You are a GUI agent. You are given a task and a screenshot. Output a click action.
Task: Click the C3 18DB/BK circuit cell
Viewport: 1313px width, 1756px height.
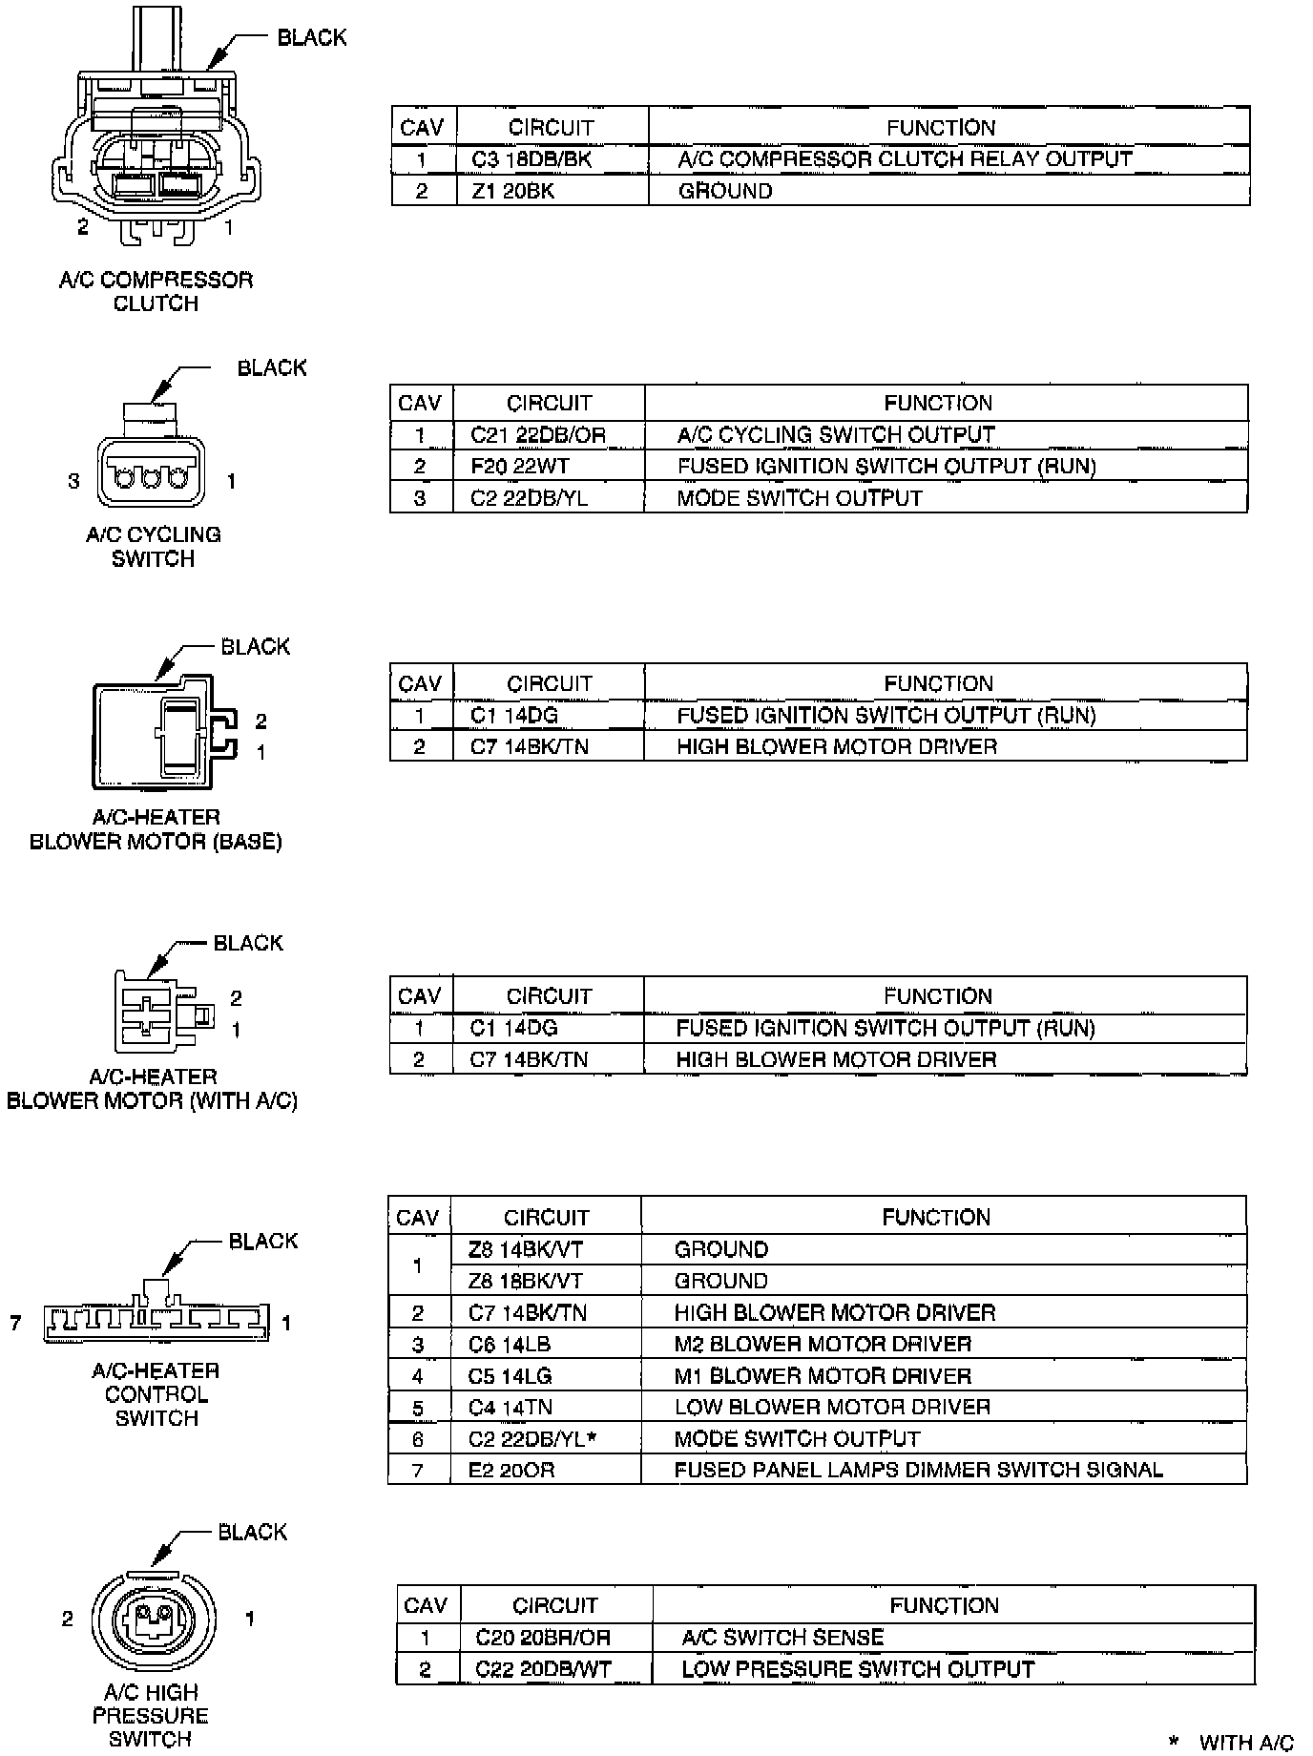pos(531,159)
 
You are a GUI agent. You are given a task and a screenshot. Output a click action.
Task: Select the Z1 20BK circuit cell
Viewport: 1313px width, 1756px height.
pos(513,191)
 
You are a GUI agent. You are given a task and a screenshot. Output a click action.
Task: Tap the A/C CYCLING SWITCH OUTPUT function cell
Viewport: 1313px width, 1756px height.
pos(836,435)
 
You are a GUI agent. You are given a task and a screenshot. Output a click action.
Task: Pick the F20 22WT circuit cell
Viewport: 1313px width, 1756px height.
pos(519,467)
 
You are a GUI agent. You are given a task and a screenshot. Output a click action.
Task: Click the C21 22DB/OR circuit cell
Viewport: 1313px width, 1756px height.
pos(538,435)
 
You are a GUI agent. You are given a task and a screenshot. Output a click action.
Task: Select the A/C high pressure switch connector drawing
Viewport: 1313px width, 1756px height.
pos(153,1620)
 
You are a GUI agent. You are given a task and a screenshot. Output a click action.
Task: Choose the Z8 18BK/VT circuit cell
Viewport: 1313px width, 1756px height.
pos(525,1281)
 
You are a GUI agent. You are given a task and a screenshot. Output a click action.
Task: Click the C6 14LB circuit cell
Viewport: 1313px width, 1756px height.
pos(510,1345)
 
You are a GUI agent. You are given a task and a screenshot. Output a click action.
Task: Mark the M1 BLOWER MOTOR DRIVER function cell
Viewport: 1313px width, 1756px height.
pos(823,1376)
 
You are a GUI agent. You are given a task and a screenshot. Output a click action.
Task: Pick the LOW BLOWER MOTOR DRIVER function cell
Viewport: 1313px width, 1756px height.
pos(832,1408)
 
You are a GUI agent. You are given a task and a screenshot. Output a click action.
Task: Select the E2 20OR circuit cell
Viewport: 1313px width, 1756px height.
pos(511,1471)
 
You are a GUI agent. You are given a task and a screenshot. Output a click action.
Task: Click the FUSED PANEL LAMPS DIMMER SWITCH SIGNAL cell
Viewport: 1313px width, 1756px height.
pos(918,1471)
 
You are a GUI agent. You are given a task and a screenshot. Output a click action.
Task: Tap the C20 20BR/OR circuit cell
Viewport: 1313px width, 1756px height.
pos(543,1638)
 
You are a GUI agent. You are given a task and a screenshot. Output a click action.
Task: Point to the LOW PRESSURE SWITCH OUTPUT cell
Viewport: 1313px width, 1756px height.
pos(858,1669)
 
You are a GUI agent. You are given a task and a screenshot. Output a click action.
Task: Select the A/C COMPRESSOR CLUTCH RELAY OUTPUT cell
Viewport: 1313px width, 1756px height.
pos(905,159)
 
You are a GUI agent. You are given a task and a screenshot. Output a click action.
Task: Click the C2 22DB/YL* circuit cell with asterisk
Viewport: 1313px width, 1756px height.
pos(532,1439)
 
